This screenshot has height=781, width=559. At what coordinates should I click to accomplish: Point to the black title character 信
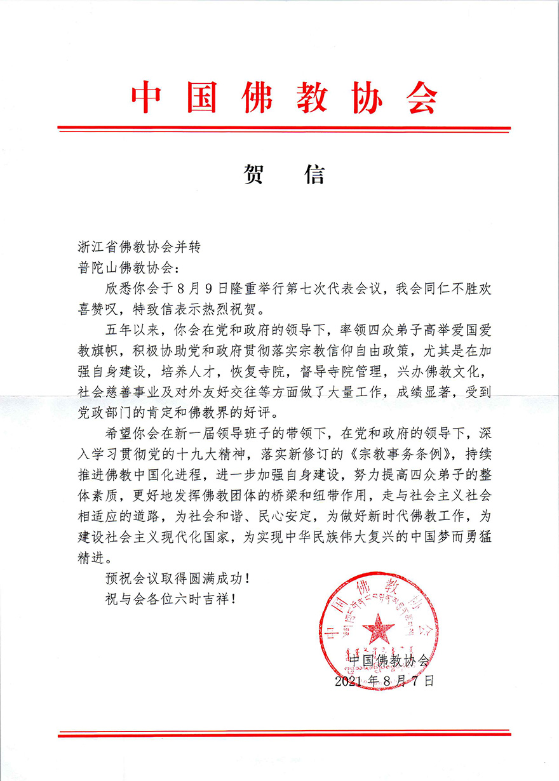coord(313,173)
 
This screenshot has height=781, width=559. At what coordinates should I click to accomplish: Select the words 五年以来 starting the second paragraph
coord(134,333)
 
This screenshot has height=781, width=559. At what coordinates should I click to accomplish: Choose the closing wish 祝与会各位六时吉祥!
coord(172,598)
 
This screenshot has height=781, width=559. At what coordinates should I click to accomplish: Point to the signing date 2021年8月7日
coord(385,681)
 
